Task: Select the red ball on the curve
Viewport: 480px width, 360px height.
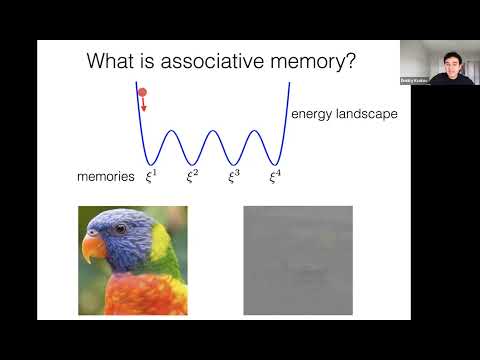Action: coord(142,93)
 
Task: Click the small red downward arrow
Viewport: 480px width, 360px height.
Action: coord(142,105)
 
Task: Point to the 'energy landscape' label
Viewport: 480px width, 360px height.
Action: coord(344,114)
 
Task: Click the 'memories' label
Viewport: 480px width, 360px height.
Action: coord(105,177)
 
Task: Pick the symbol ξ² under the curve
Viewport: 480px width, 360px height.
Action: coord(193,176)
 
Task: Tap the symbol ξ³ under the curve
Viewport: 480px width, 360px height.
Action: coord(234,176)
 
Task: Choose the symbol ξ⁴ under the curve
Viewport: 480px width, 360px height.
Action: coord(275,176)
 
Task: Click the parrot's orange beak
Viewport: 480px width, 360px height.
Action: coord(93,245)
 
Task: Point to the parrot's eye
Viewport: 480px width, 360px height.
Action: coord(120,229)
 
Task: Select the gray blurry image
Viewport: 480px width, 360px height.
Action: coord(298,260)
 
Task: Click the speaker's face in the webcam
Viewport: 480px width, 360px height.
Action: coord(437,62)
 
